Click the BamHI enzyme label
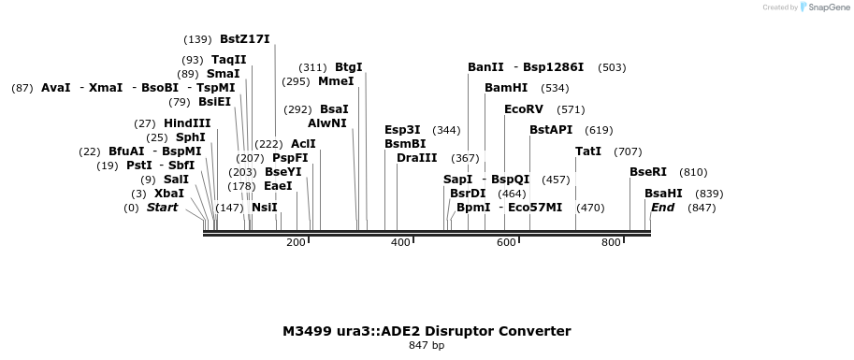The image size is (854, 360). [x=506, y=88]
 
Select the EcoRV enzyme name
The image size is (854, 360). [x=524, y=109]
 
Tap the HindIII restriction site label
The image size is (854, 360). [x=187, y=123]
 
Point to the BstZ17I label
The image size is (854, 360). [x=244, y=39]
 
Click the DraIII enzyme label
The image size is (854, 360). [x=416, y=158]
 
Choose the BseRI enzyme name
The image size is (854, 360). [x=648, y=172]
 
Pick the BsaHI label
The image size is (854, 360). [x=663, y=194]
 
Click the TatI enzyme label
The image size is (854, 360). [x=588, y=151]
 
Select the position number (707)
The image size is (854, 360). [x=628, y=151]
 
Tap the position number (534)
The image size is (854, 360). [x=555, y=88]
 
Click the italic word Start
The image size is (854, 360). [x=162, y=208]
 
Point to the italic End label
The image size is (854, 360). [x=662, y=208]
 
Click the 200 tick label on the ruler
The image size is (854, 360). [x=297, y=242]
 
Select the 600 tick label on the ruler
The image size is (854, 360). [x=506, y=242]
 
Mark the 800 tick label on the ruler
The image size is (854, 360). [x=611, y=242]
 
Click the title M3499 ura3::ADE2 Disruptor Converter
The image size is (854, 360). [x=427, y=331]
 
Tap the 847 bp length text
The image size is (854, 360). [x=427, y=346]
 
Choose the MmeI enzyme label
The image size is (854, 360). [x=336, y=81]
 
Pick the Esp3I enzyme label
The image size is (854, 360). [x=402, y=130]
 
